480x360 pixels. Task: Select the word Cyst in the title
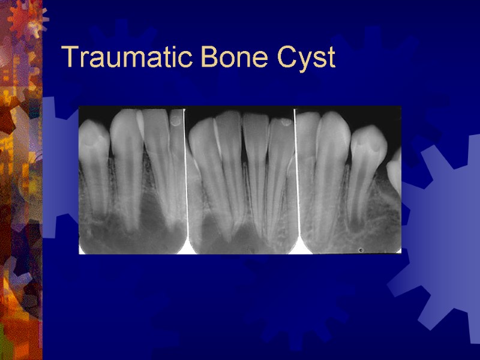tap(306, 59)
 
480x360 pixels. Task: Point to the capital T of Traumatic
tap(70, 58)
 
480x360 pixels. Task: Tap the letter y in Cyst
tap(304, 61)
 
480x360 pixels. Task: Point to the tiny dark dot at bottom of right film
tap(360, 249)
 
